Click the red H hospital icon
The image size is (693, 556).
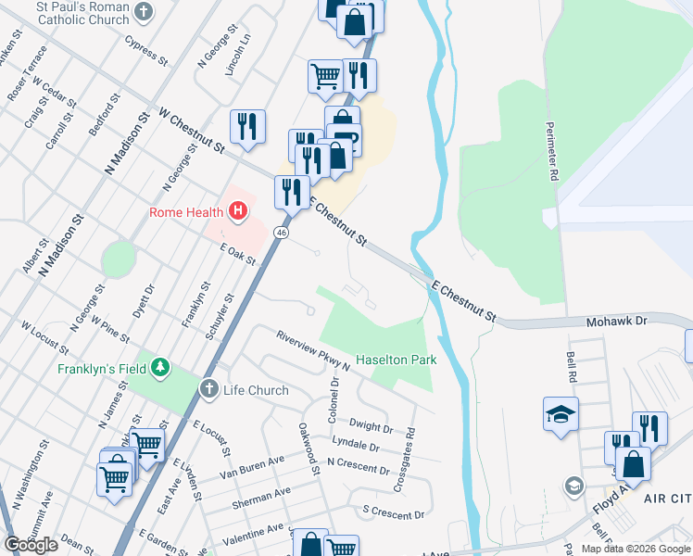238,212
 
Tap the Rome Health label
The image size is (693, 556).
187,213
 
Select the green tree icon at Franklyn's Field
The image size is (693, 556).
161,368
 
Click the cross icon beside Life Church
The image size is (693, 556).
209,390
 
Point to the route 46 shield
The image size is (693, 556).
281,232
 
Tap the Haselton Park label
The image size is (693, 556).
396,359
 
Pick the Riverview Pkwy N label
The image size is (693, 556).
312,349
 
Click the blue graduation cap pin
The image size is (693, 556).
561,413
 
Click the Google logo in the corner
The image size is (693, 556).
31,544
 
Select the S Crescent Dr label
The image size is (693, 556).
393,512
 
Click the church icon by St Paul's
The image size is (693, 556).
143,11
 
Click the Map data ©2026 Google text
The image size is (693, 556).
635,549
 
